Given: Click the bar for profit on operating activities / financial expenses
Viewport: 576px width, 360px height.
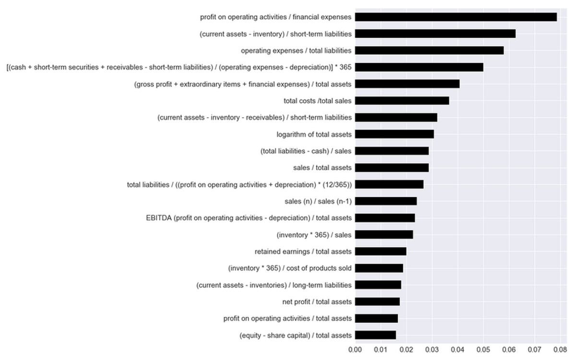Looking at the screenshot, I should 456,17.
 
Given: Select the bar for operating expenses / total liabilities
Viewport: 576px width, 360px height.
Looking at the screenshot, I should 429,50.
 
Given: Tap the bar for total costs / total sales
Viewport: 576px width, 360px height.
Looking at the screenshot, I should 402,101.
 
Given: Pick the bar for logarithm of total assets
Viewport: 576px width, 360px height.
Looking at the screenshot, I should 394,134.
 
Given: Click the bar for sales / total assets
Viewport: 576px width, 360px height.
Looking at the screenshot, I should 392,168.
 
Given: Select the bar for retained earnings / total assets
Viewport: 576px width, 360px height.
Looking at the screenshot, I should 380,252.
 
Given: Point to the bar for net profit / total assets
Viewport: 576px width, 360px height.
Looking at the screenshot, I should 377,302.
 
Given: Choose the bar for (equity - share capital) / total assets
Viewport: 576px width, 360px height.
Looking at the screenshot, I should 375,335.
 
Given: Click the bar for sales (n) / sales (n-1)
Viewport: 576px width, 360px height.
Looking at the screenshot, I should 385,201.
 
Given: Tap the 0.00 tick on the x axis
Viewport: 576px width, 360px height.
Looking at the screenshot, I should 355,349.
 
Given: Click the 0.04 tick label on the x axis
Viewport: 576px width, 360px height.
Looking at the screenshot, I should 457,349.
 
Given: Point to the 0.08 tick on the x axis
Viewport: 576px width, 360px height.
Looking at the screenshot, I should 560,349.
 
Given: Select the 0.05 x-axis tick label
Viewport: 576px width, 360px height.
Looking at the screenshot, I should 483,349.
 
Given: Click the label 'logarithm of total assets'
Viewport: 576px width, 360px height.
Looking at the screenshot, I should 314,134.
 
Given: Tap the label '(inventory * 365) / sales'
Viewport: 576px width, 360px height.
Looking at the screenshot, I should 314,235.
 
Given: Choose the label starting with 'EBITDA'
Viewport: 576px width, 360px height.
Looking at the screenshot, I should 249,218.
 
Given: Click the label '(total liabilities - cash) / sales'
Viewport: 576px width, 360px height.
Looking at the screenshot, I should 305,151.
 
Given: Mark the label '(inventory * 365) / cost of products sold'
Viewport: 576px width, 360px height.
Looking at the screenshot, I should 289,268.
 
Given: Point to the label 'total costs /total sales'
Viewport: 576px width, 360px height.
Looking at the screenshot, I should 317,101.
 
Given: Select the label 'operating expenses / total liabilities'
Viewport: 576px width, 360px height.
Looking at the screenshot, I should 296,50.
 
